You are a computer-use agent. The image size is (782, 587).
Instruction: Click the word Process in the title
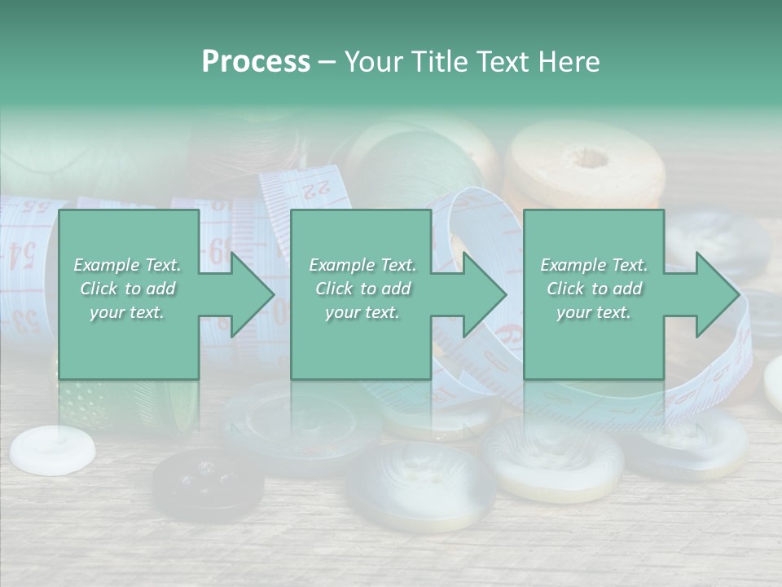point(256,62)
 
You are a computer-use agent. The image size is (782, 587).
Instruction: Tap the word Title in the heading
point(437,62)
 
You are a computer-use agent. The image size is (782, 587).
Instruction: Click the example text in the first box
point(128,289)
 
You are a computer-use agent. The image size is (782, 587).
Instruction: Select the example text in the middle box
point(362,289)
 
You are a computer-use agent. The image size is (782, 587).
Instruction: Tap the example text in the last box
point(594,289)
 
